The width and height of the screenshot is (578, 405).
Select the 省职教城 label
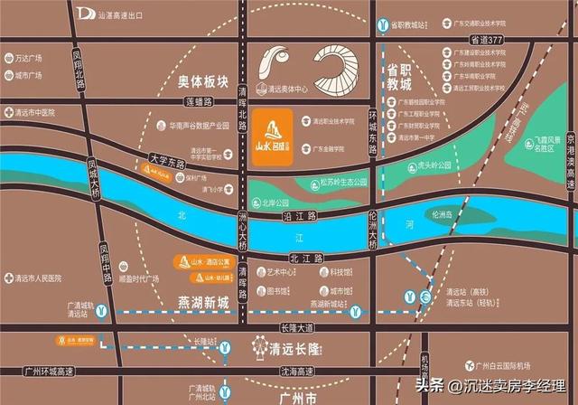pos(399,76)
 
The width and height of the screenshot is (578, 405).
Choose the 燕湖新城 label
pos(202,303)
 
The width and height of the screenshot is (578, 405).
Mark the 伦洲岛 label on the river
pos(449,214)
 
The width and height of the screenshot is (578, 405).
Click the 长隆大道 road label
pos(297,327)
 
